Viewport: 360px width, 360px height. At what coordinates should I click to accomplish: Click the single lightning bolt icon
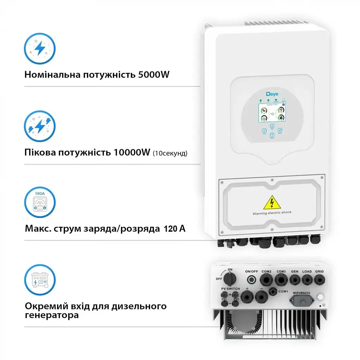(x=39, y=49)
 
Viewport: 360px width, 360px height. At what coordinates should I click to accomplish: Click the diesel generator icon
(x=39, y=280)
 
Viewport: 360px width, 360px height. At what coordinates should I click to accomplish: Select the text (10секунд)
(x=170, y=153)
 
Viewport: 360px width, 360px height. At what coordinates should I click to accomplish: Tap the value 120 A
(x=174, y=229)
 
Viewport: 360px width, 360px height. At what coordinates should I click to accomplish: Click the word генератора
(x=52, y=315)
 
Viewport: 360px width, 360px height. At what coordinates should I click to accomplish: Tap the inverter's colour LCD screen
(x=272, y=110)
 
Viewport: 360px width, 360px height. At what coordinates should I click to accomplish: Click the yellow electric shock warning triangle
(x=271, y=203)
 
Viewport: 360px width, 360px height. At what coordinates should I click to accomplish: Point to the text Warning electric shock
(x=272, y=213)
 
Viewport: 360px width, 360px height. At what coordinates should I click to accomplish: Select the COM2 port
(x=266, y=279)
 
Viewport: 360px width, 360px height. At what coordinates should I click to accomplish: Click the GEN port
(x=295, y=280)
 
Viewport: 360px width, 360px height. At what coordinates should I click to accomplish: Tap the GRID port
(x=319, y=280)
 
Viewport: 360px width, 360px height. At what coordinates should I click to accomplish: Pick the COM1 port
(x=272, y=291)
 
